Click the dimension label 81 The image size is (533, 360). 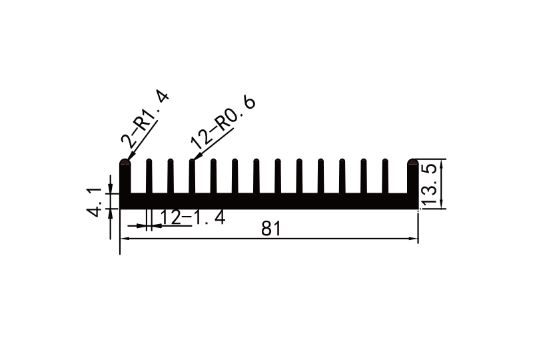270,229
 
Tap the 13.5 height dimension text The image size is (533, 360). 429,185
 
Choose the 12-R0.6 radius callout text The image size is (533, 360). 223,121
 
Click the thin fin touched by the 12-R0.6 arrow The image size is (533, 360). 192,177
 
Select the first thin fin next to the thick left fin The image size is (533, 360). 149,177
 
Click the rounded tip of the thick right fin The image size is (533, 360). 413,162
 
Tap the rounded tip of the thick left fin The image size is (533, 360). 125,162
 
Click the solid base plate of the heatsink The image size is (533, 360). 266,201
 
